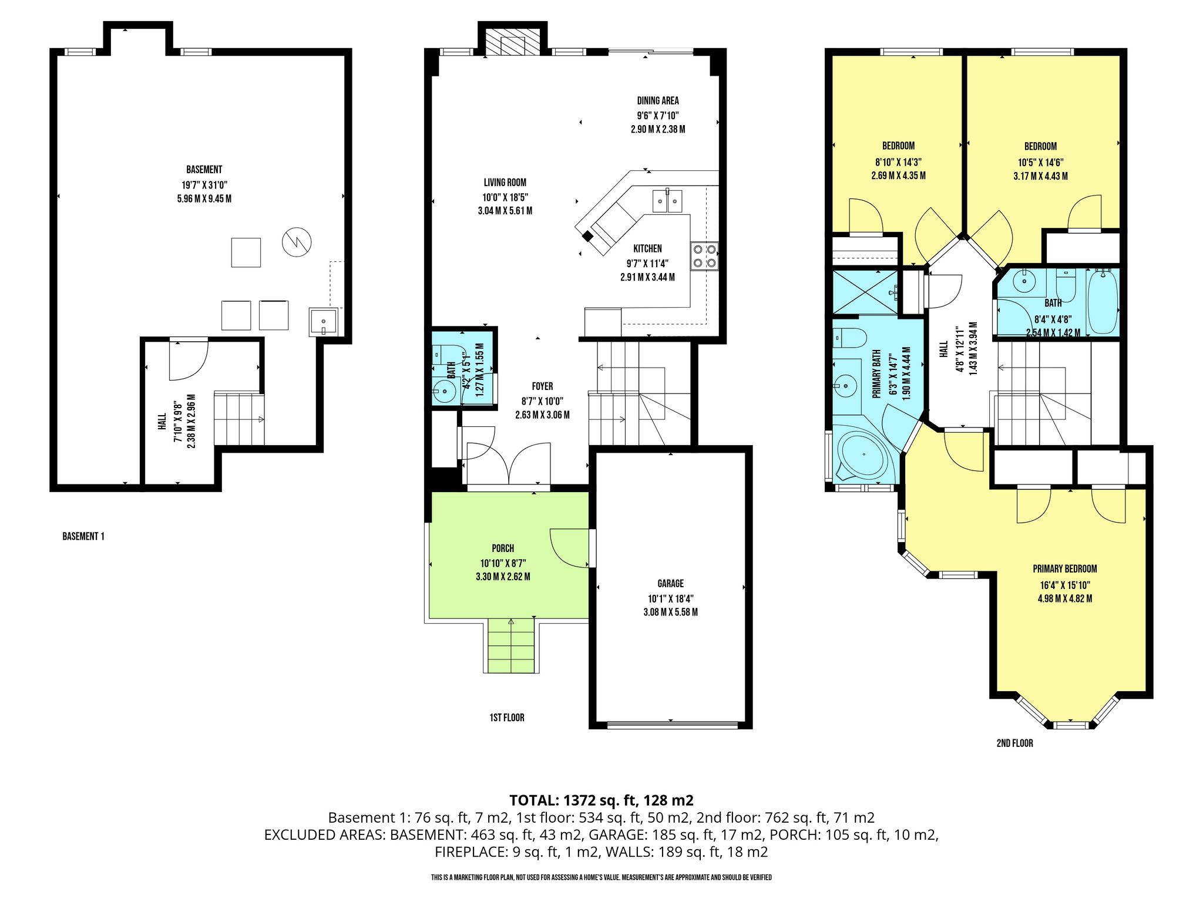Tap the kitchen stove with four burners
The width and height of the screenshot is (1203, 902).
tap(704, 256)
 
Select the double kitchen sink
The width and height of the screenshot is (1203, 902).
tap(667, 201)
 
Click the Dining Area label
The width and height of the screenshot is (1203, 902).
tap(658, 100)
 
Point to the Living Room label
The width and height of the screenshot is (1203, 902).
tap(505, 183)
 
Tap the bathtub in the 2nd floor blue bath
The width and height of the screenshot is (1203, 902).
tap(1103, 301)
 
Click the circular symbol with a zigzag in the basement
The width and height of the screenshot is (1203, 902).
tap(296, 241)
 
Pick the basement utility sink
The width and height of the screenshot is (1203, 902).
tap(323, 322)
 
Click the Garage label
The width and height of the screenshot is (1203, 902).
tap(671, 584)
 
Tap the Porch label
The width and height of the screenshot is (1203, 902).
tap(503, 548)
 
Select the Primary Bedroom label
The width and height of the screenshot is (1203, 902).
tap(1065, 568)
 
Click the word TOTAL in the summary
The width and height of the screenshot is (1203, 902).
tap(533, 800)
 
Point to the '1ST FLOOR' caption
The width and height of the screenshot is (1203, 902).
tap(507, 718)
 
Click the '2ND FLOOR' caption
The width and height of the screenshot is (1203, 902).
tap(1014, 743)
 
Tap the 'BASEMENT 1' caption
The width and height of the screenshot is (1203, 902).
tap(83, 536)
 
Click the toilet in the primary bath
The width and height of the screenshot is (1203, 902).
tap(849, 338)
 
